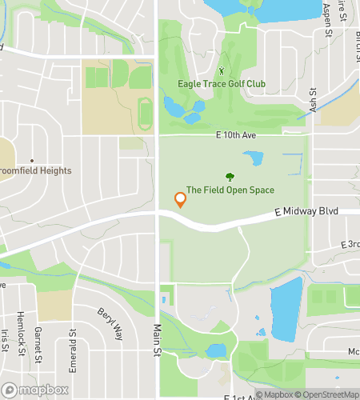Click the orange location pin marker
coord(181,200)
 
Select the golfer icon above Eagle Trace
coord(222,70)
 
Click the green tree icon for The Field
coord(230,177)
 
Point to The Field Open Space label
coord(230,190)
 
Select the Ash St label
coord(314,101)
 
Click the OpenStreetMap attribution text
coord(327,394)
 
